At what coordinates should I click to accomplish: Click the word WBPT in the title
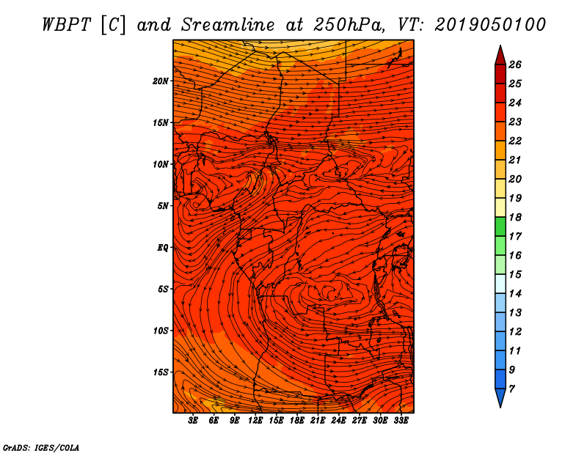66,25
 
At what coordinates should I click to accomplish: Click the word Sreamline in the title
228,25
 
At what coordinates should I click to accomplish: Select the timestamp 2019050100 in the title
490,25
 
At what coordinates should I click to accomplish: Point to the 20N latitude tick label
160,81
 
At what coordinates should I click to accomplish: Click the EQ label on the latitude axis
162,248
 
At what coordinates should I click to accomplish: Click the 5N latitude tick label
162,206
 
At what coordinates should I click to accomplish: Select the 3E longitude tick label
193,421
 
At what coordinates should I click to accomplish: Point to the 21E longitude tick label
318,421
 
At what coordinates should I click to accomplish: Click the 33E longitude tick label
401,421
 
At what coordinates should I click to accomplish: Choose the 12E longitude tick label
255,421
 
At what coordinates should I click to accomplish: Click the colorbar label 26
515,65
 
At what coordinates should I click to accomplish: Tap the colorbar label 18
515,217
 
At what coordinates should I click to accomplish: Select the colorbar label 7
511,389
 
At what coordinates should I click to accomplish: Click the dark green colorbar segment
500,226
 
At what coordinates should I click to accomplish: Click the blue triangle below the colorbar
500,397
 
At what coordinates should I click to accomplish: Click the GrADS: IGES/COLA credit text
41,448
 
